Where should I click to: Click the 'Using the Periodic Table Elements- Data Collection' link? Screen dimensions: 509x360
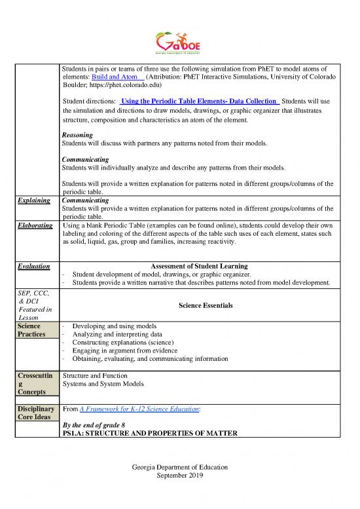point(200,102)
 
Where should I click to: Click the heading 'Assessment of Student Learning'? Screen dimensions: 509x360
point(199,267)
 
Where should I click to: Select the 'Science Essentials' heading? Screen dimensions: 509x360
point(199,306)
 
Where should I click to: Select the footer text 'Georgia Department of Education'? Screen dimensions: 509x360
point(179,467)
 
